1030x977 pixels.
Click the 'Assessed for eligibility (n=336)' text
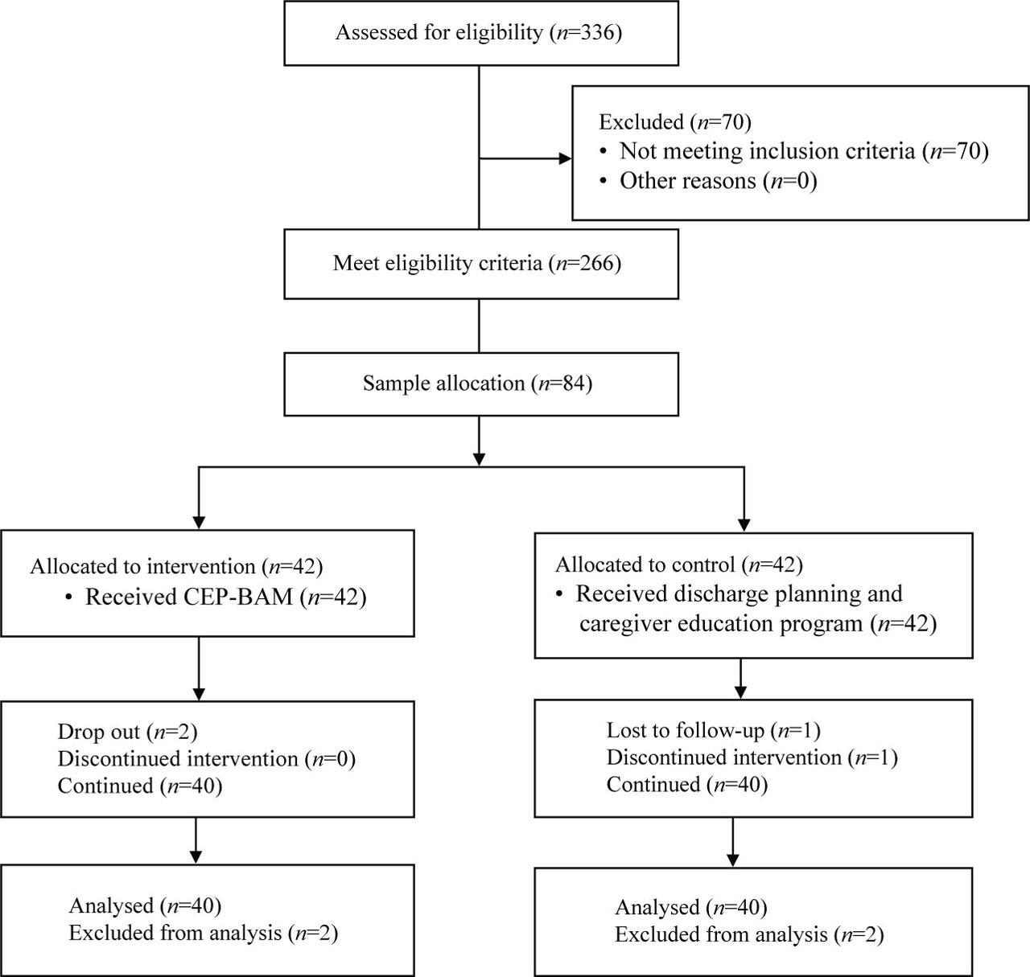tap(479, 33)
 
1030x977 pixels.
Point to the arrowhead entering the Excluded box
tap(566, 158)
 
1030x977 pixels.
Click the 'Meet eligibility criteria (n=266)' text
tap(476, 264)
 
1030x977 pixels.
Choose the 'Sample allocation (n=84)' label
tap(477, 384)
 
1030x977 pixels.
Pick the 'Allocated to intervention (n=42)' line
tap(176, 567)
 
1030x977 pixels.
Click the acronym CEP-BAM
tap(189, 597)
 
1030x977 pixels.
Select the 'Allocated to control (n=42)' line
tap(679, 565)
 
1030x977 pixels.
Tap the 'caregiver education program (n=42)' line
tap(757, 624)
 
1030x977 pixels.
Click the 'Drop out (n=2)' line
tap(127, 733)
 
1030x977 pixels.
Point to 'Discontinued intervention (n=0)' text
tap(207, 759)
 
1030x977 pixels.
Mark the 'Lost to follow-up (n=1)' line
tap(714, 731)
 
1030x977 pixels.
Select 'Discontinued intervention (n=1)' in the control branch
tap(752, 758)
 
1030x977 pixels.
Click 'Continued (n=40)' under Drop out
tap(140, 786)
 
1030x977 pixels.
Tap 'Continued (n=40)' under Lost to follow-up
tap(687, 785)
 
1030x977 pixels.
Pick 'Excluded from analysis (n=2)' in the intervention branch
tap(204, 933)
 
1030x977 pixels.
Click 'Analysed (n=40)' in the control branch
tap(691, 907)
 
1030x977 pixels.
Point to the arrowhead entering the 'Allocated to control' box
tap(744, 525)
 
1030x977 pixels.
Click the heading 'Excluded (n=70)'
tap(675, 122)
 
